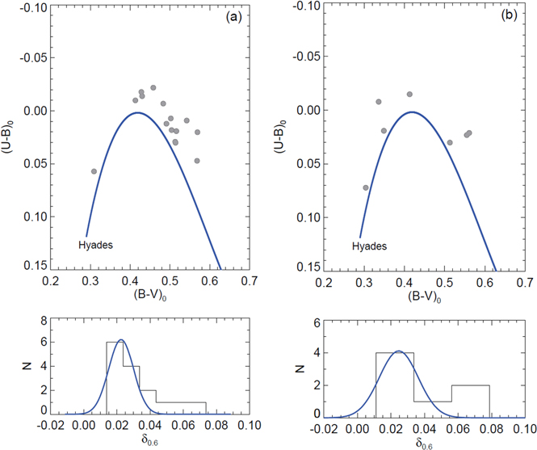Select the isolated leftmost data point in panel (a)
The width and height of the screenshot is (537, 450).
[94, 171]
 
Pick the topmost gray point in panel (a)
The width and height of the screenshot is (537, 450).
[153, 87]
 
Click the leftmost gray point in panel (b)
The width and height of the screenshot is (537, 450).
[366, 187]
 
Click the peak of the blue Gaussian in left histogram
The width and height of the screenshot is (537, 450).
[120, 340]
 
